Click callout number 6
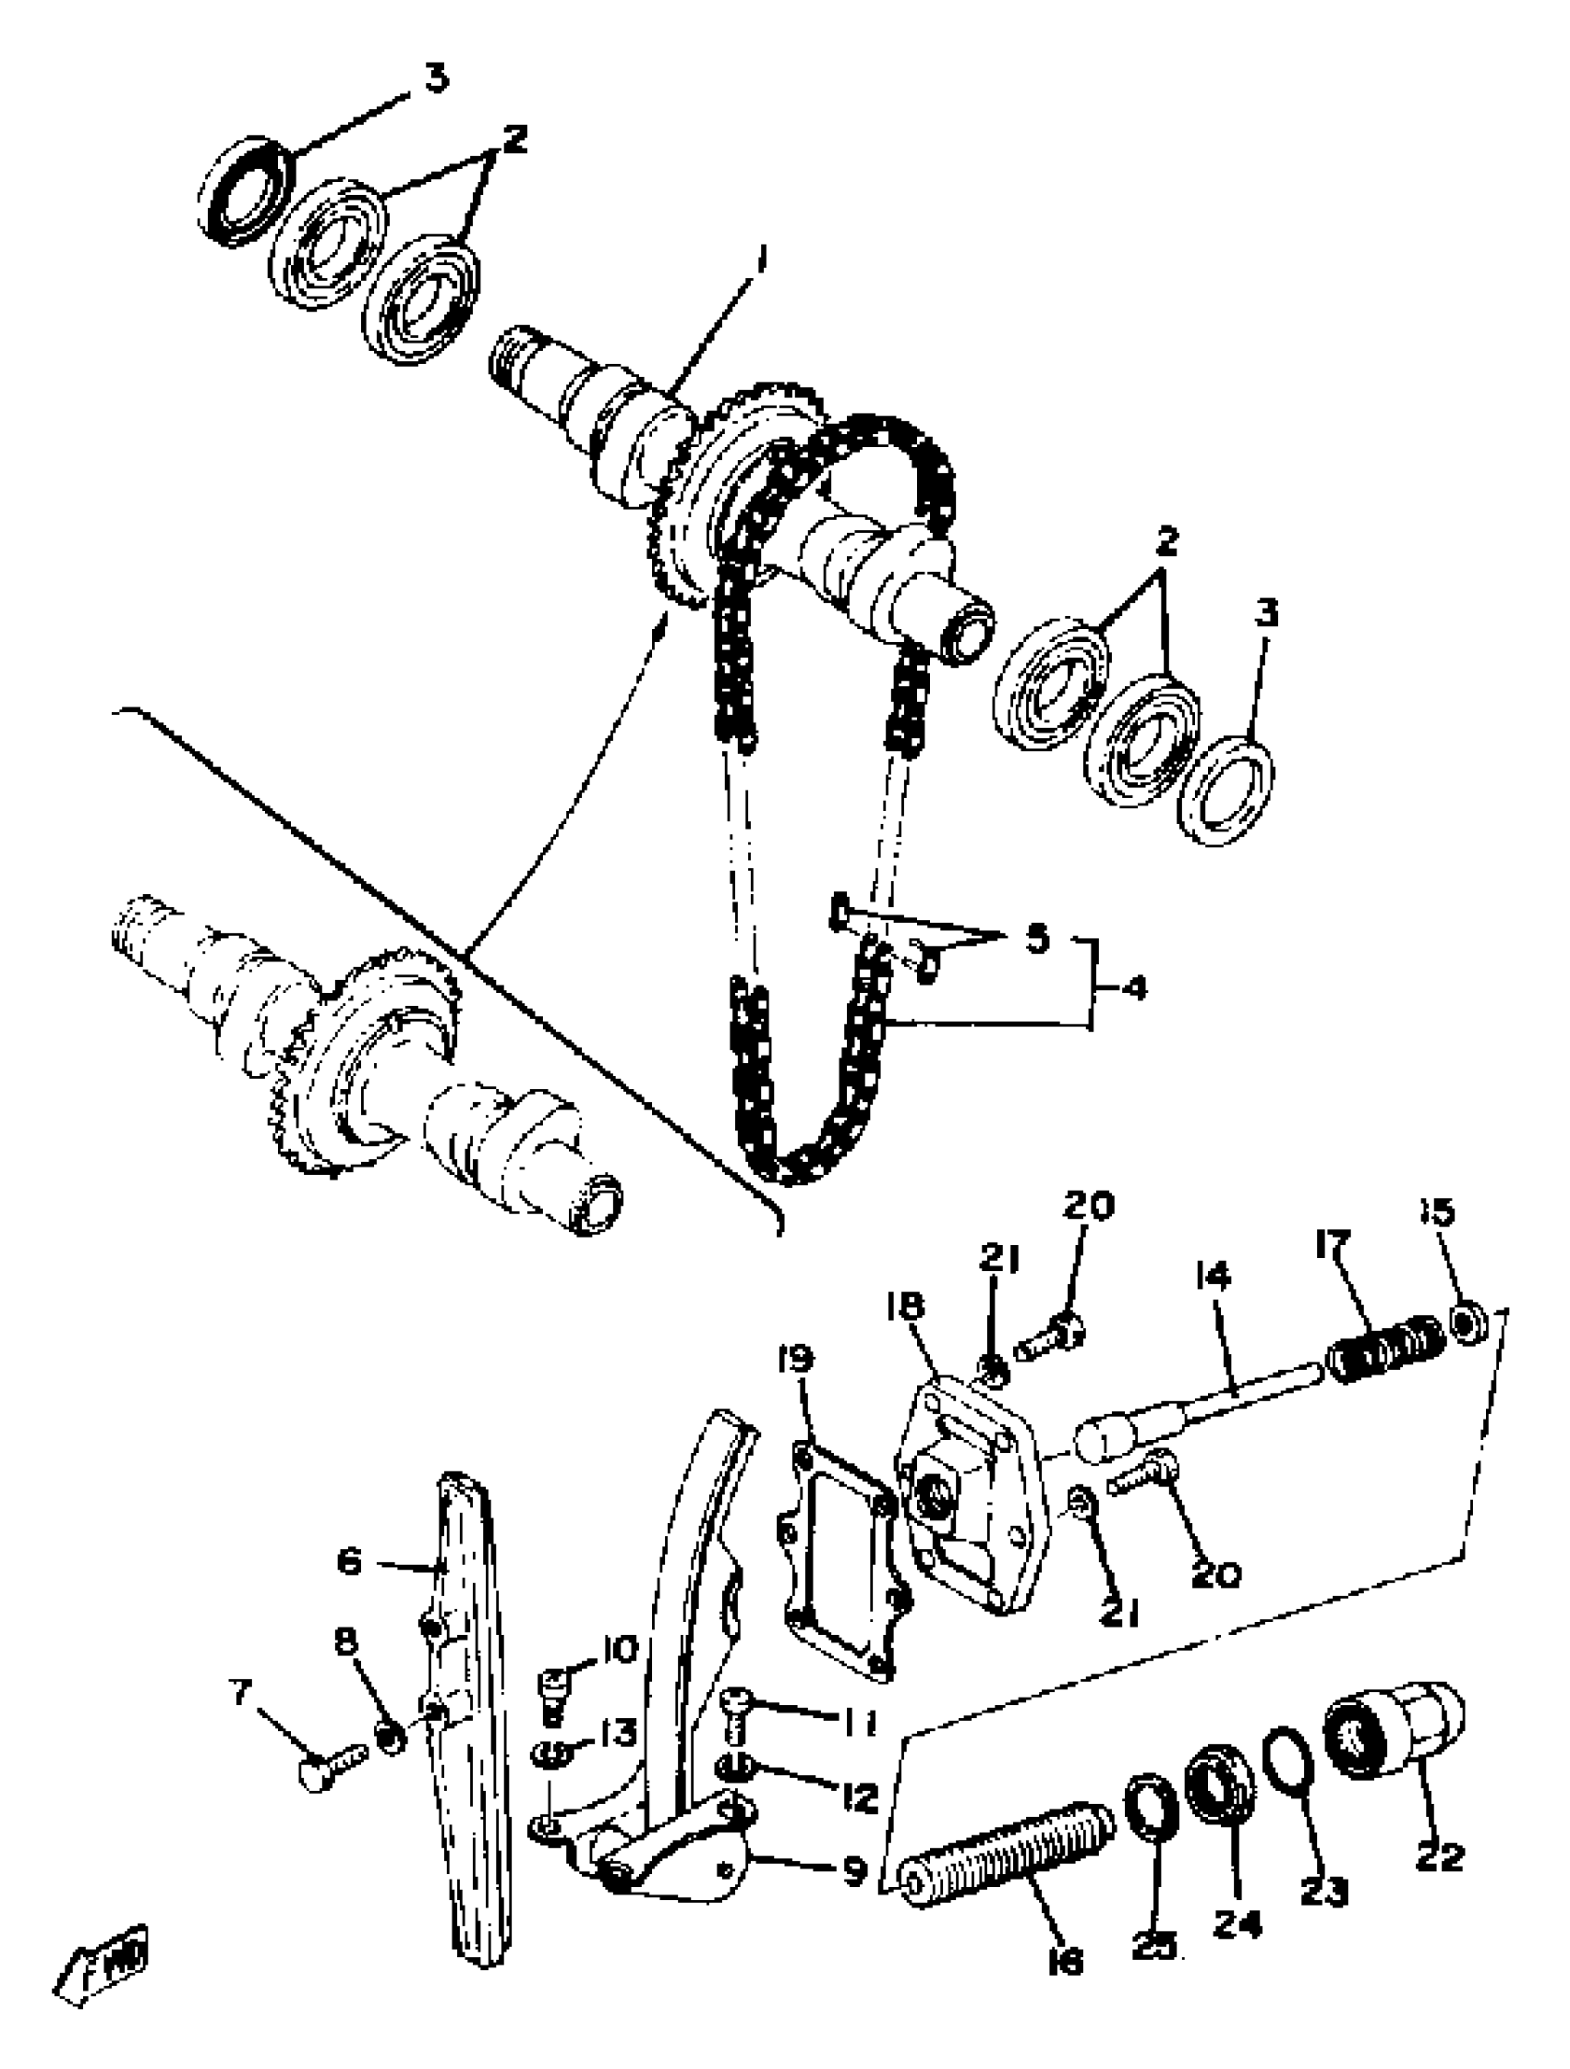click(348, 1561)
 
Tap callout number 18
click(906, 1306)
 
